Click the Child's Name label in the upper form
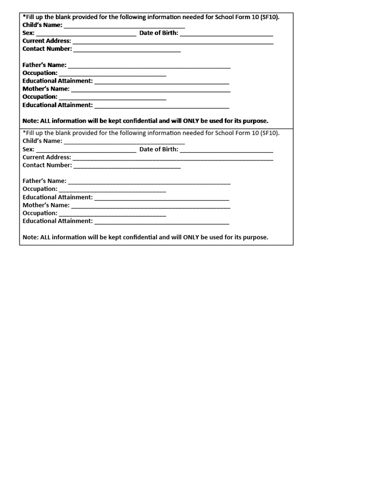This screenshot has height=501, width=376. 42,25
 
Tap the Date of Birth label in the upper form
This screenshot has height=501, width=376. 159,33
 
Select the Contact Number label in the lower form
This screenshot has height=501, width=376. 47,165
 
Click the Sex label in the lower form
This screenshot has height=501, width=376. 28,149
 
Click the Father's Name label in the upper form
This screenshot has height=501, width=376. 45,65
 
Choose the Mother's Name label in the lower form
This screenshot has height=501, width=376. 46,205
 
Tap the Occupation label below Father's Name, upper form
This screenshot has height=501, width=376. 40,73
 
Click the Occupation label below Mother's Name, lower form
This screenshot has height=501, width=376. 40,213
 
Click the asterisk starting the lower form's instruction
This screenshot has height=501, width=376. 24,133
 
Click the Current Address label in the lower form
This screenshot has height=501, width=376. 47,158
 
